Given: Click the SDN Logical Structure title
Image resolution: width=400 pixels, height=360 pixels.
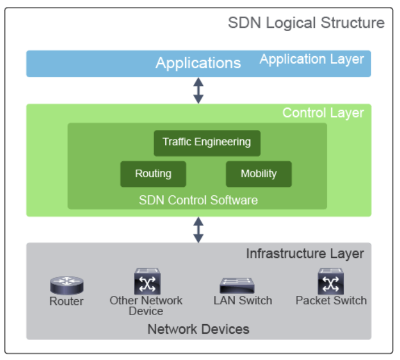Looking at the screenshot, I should tap(306, 23).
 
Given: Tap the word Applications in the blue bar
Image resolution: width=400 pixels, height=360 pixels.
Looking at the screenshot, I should tap(198, 63).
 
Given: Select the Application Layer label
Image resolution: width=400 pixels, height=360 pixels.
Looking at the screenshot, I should tap(311, 59).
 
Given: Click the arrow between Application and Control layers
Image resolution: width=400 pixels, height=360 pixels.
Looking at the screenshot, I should tap(198, 90).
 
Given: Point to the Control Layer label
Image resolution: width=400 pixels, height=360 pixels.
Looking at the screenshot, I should tap(323, 112).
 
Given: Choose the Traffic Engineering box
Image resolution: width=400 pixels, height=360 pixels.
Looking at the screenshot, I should tap(207, 143).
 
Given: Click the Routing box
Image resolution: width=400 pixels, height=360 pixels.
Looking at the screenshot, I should tap(153, 174).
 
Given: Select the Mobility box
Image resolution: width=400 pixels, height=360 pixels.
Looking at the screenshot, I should tap(259, 174).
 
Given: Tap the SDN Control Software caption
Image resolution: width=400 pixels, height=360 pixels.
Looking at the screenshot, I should tap(198, 200).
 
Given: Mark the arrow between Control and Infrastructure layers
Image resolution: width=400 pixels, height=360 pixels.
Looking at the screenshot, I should tap(198, 229).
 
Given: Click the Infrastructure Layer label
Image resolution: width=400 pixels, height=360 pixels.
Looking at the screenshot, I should tap(305, 253).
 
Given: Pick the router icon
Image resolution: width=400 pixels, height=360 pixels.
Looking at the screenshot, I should tap(66, 285).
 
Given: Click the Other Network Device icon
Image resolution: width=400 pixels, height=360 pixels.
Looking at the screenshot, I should tap(147, 281).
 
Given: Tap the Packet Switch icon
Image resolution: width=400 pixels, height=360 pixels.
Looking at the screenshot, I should tap(331, 281).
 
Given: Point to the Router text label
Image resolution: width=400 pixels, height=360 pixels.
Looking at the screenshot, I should tap(66, 302).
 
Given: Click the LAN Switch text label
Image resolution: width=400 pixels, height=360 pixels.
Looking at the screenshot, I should tap(243, 300).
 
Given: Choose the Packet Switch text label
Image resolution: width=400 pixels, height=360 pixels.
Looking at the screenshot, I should tap(331, 300).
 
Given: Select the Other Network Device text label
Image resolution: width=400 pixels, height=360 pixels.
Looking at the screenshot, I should tap(146, 305).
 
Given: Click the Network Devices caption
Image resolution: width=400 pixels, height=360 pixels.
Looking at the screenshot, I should tap(198, 329).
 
